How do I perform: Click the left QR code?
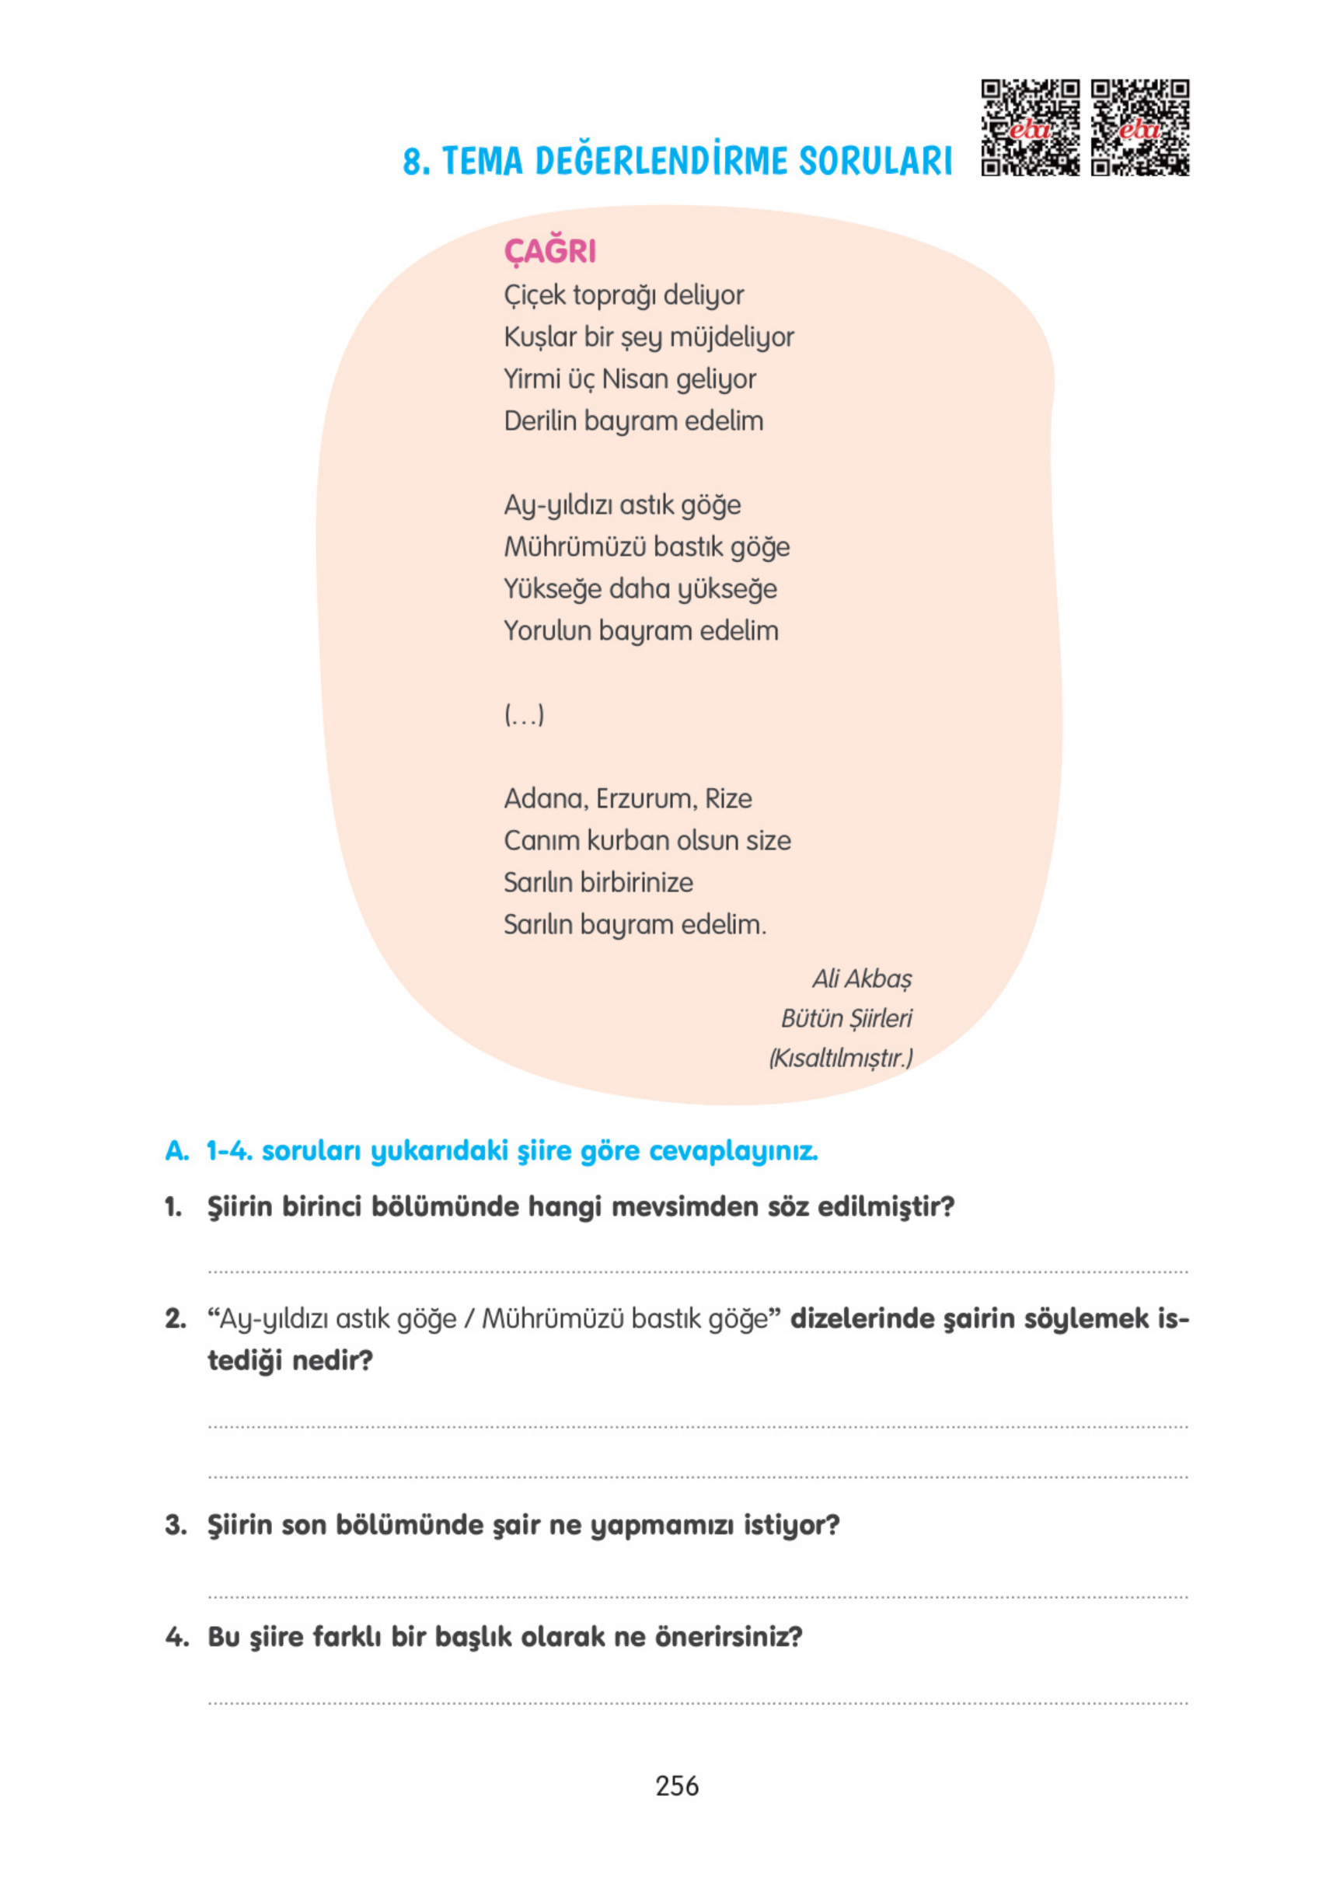[x=1030, y=127]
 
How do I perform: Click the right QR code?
[x=1139, y=127]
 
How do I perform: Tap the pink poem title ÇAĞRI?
[x=549, y=251]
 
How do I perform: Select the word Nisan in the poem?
[x=634, y=379]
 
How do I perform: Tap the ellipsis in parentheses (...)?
[x=524, y=715]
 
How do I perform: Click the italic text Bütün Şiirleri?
[x=846, y=1018]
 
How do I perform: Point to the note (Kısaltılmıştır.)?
[x=839, y=1059]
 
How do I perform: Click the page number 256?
[x=676, y=1785]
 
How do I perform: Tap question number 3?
[x=175, y=1526]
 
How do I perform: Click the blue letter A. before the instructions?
[x=176, y=1151]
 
